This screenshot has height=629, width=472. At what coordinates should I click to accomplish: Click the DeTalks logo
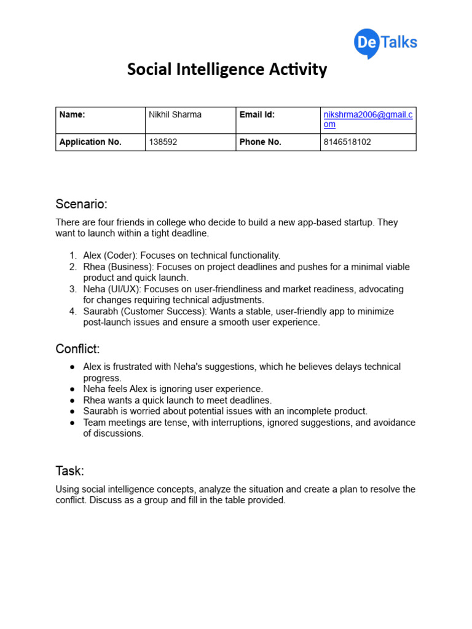(385, 43)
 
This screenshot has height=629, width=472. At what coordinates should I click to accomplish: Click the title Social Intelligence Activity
(227, 69)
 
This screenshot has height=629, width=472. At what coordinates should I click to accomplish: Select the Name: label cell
(72, 114)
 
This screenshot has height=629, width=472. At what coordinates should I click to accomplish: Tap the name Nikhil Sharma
(175, 114)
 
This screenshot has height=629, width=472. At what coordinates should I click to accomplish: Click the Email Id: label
(257, 114)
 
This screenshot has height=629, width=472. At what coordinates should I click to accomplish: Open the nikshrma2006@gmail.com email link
(368, 119)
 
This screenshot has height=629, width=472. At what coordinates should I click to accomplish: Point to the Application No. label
(90, 142)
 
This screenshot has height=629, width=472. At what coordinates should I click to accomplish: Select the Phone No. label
(261, 142)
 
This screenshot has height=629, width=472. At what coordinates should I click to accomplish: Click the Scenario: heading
(81, 204)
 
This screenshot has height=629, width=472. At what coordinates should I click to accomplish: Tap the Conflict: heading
(77, 349)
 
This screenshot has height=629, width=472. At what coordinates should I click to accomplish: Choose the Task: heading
(69, 471)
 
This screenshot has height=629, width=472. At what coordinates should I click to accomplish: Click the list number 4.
(72, 311)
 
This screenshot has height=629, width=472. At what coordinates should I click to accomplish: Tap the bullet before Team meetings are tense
(71, 423)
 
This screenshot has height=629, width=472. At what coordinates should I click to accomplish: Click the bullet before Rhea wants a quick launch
(71, 400)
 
